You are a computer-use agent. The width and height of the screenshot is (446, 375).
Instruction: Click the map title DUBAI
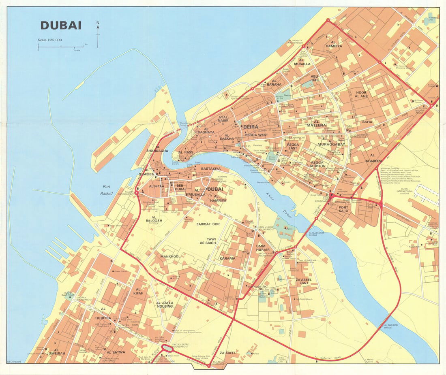click(61, 26)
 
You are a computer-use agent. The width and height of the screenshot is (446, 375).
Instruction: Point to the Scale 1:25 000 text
click(50, 40)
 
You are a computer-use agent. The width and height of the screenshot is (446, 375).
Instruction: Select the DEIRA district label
click(251, 127)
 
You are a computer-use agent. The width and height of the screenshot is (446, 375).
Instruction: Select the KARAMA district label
click(227, 258)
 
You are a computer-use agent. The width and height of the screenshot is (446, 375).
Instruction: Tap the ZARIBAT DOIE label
click(208, 224)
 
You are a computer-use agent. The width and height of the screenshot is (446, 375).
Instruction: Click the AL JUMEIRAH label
click(56, 352)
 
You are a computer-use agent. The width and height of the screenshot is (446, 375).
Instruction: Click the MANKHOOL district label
click(170, 256)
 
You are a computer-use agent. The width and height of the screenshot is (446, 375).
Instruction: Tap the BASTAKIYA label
click(211, 168)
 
